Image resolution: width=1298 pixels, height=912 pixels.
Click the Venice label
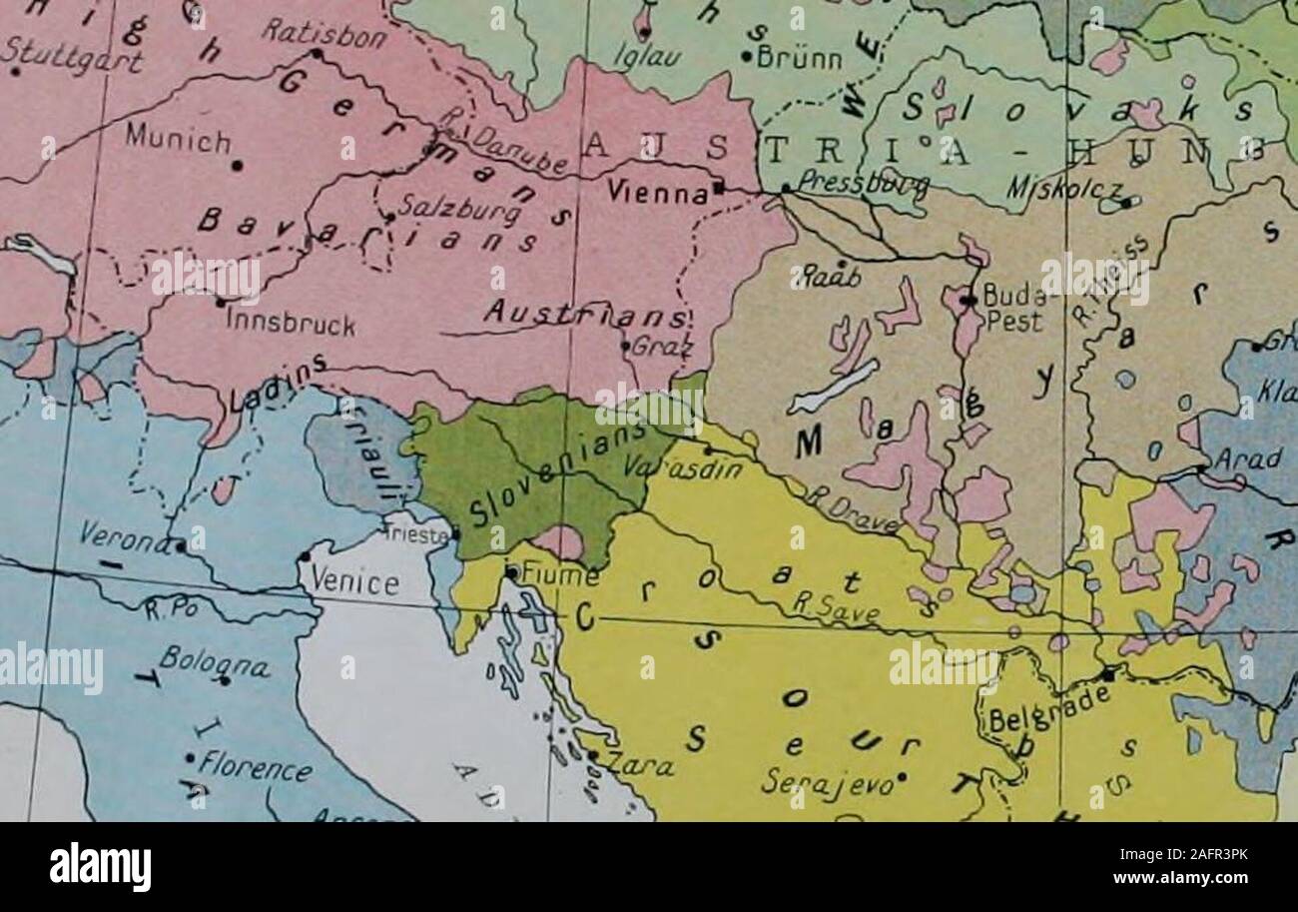pos(354,580)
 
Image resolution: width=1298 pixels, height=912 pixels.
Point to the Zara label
pos(640,766)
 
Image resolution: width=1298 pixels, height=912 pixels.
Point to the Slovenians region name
pos(547,472)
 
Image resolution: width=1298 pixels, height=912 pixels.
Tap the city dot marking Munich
pos(238,166)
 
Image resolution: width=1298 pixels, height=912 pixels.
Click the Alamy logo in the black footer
pos(101,866)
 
